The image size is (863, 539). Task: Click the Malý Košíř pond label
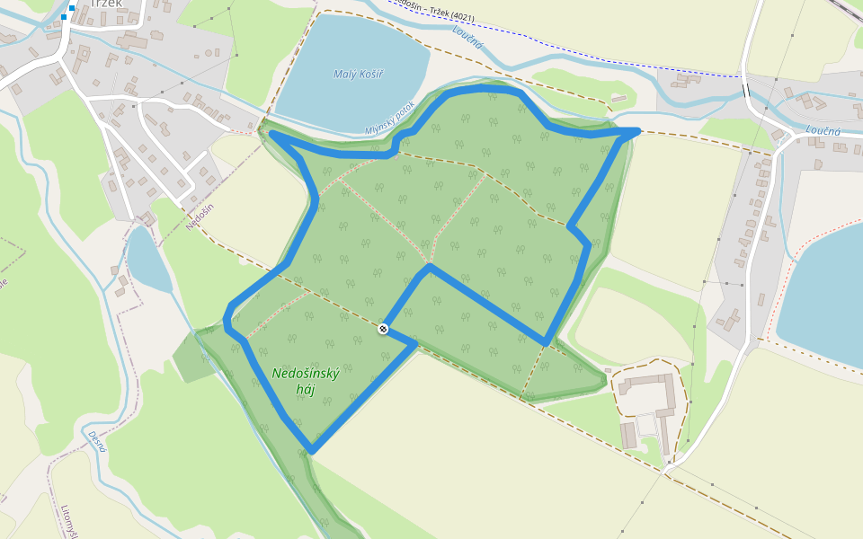[358, 74]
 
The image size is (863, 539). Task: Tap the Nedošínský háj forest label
[306, 381]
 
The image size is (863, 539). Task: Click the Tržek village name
[106, 4]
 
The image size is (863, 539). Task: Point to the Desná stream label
[97, 441]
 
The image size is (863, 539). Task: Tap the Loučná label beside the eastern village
[823, 131]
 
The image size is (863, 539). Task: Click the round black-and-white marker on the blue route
[383, 330]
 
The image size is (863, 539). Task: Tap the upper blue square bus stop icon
[72, 8]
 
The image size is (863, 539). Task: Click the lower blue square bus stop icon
[65, 17]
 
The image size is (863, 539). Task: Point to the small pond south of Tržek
[147, 260]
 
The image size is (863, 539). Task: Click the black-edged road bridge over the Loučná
[745, 90]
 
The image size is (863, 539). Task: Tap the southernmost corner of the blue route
[311, 450]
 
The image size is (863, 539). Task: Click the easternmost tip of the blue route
[636, 131]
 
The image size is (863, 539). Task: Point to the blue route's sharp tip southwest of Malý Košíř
[271, 135]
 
